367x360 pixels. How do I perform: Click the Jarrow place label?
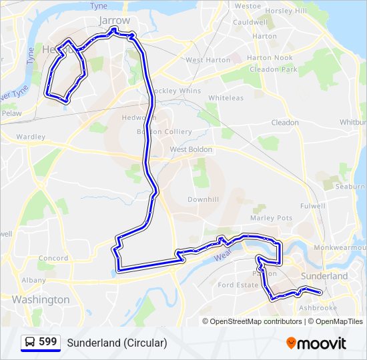[114, 21]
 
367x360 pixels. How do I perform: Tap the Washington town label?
[40, 300]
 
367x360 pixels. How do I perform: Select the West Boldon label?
[191, 149]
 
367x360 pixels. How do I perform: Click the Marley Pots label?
[271, 218]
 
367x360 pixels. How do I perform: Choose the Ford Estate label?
[238, 285]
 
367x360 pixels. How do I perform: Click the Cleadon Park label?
[273, 69]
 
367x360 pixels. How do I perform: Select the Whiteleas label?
[226, 98]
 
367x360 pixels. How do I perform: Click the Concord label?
[53, 258]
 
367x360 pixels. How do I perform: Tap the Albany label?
[33, 281]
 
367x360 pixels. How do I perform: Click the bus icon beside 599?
[30, 343]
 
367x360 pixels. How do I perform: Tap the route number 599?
[48, 342]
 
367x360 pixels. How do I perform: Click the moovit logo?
[316, 343]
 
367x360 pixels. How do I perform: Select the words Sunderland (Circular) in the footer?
[117, 343]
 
